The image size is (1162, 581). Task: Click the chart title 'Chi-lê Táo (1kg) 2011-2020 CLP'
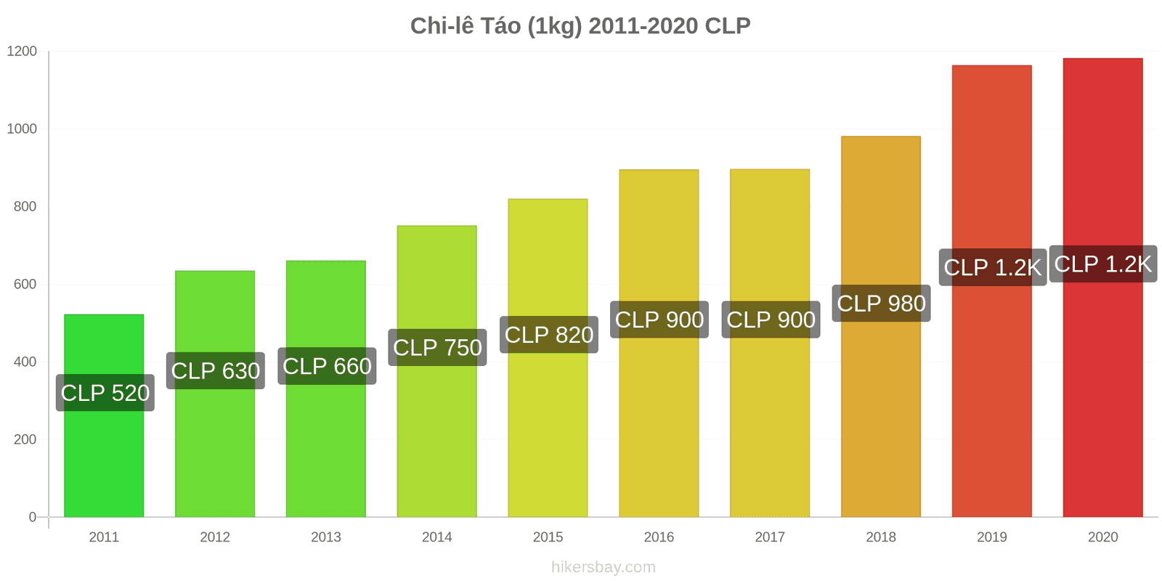580,26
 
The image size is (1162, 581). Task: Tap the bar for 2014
436,436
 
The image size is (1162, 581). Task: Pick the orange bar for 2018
880,421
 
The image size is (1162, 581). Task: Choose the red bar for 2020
1102,399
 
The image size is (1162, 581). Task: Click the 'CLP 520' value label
105,393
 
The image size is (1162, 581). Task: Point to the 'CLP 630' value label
216,371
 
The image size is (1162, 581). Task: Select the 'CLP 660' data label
327,366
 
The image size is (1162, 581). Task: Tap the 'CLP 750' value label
437,347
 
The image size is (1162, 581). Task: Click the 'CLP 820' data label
549,335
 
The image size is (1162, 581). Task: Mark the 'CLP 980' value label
881,303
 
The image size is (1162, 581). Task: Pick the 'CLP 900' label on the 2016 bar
659,320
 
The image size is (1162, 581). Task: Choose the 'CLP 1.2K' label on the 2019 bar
992,267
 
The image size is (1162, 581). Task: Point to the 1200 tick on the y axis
22,52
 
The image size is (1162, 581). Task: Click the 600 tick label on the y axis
25,285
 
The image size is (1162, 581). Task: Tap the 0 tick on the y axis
32,517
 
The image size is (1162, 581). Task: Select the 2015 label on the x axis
548,537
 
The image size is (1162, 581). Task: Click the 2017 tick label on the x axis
770,537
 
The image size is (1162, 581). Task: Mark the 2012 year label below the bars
215,537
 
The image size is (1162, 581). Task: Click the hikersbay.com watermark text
603,567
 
